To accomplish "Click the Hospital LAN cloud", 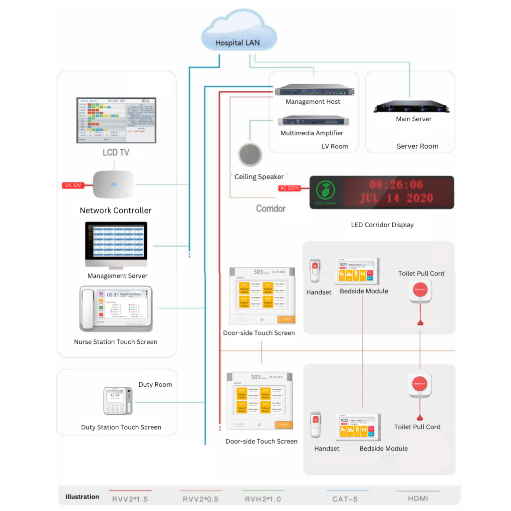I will pos(238,36).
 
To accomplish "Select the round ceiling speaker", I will pos(251,155).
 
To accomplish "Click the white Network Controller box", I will pos(114,186).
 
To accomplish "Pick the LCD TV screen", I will pos(116,120).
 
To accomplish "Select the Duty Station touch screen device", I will pos(118,401).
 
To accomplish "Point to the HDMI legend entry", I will pos(418,498).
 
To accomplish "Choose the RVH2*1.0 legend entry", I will pos(263,498).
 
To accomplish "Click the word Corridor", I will pos(270,208).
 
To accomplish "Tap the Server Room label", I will pos(417,146).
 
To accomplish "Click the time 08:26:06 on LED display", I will pos(396,185).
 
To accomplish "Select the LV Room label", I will pos(334,146).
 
